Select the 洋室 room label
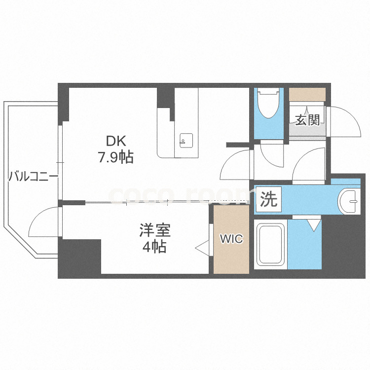pos(154,231)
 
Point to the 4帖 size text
pos(154,247)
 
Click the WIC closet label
pos(231,239)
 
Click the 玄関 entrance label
pos(307,120)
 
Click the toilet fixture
pos(269,105)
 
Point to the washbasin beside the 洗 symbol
pos(351,200)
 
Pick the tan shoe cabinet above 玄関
pos(307,94)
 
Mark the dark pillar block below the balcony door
pos(79,258)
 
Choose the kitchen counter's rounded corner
pos(162,153)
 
